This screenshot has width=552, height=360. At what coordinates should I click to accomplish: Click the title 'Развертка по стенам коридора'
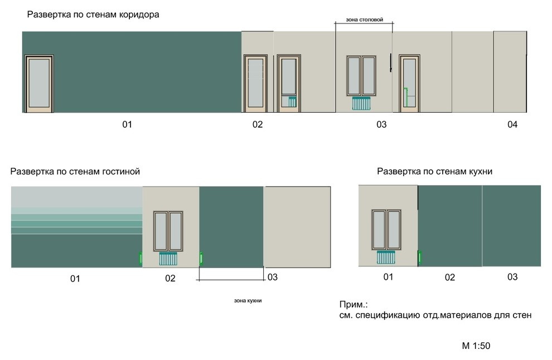[93, 15]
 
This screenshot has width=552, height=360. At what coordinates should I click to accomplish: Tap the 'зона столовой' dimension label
[364, 20]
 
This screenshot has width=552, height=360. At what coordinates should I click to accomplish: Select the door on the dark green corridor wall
[39, 84]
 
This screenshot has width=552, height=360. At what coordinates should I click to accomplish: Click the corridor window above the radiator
[361, 76]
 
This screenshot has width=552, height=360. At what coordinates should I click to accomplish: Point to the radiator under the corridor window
[361, 104]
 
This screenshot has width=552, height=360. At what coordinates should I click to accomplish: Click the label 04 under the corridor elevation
[512, 124]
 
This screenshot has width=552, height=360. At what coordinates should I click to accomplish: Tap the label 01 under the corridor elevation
[127, 124]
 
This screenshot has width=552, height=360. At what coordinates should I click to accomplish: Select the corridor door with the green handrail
[409, 84]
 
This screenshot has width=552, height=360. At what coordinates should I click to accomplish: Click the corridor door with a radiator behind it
[289, 84]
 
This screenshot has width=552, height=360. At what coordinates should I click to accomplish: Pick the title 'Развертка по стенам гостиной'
[75, 172]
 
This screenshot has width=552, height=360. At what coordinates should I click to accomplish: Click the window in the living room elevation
[168, 231]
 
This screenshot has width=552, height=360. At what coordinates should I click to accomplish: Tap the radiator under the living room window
[168, 259]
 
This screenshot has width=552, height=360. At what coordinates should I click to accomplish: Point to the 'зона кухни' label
[248, 300]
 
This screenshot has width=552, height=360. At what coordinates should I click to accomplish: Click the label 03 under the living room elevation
[273, 278]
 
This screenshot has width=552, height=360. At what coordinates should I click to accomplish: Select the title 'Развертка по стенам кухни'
[434, 172]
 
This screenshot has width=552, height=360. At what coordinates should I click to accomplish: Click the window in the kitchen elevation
[386, 230]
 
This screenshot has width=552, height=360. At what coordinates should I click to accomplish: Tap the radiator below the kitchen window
[386, 257]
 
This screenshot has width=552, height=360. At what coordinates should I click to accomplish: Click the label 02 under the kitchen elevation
[450, 278]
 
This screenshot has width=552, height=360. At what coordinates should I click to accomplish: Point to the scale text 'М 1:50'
[476, 346]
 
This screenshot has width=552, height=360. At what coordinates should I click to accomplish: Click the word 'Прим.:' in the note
[354, 305]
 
